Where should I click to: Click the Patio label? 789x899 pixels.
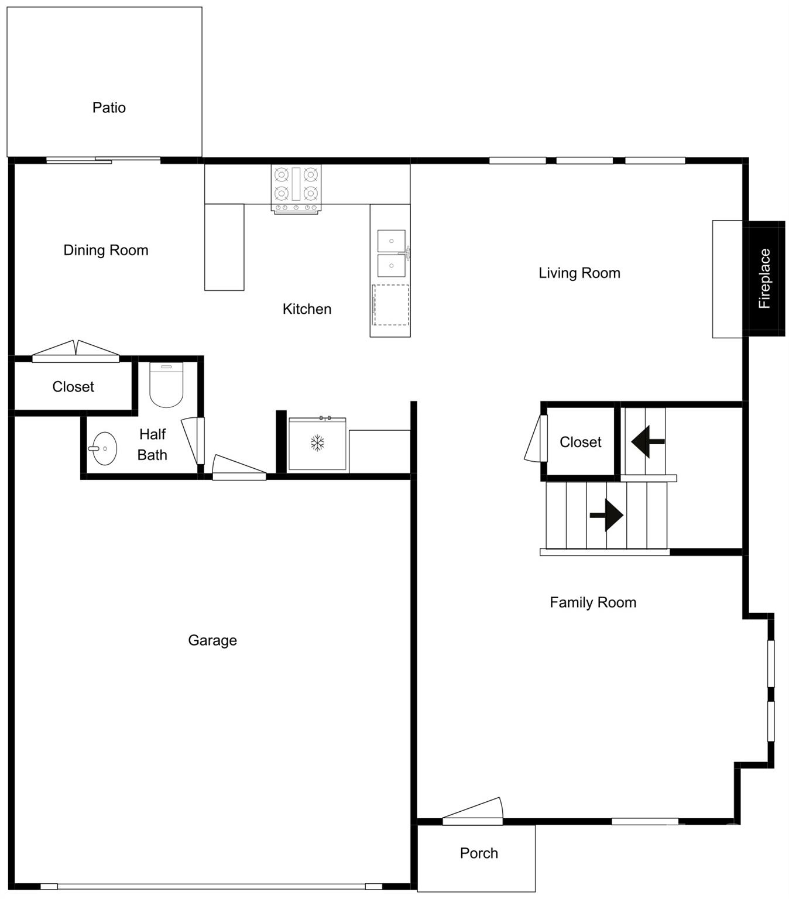[x=109, y=108]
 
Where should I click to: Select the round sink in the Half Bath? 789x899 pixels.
[x=104, y=448]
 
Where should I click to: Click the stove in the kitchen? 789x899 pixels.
[x=296, y=187]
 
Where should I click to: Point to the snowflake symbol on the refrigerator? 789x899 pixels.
[x=317, y=443]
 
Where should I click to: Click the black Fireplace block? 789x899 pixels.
[x=764, y=279]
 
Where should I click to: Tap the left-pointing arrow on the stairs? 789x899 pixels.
[x=647, y=441]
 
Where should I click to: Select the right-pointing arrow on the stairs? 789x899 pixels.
[x=607, y=515]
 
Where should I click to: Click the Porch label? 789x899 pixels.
[x=479, y=853]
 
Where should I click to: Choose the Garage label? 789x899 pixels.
[x=212, y=640]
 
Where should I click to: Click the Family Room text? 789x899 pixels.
[x=592, y=602]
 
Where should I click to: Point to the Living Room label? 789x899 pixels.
[x=579, y=273]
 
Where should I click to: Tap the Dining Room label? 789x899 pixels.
[x=106, y=251]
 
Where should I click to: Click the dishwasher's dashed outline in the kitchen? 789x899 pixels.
[x=391, y=305]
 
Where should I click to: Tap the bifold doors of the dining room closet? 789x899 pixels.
[x=76, y=351]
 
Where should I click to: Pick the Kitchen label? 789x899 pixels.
[x=307, y=309]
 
